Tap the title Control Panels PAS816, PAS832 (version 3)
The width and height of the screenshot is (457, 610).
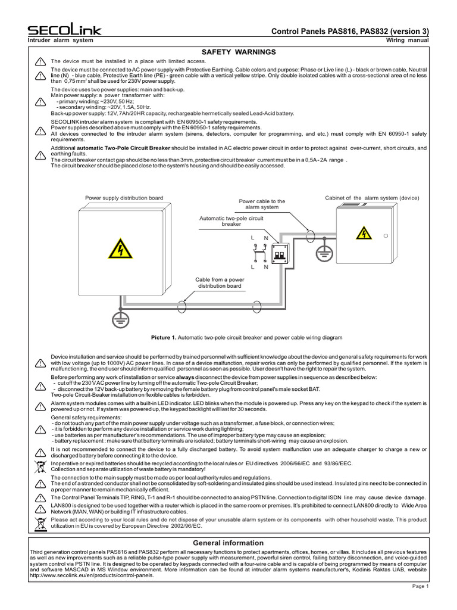click(350, 31)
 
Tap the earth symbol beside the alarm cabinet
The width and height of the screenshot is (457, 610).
click(323, 252)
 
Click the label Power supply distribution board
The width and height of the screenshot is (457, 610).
click(124, 198)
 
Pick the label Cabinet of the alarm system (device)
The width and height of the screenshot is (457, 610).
click(372, 198)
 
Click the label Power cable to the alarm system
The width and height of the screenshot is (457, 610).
click(262, 204)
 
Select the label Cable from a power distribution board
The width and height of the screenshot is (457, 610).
click(220, 282)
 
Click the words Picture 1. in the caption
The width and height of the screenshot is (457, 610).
click(164, 338)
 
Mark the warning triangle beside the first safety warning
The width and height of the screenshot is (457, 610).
click(40, 61)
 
